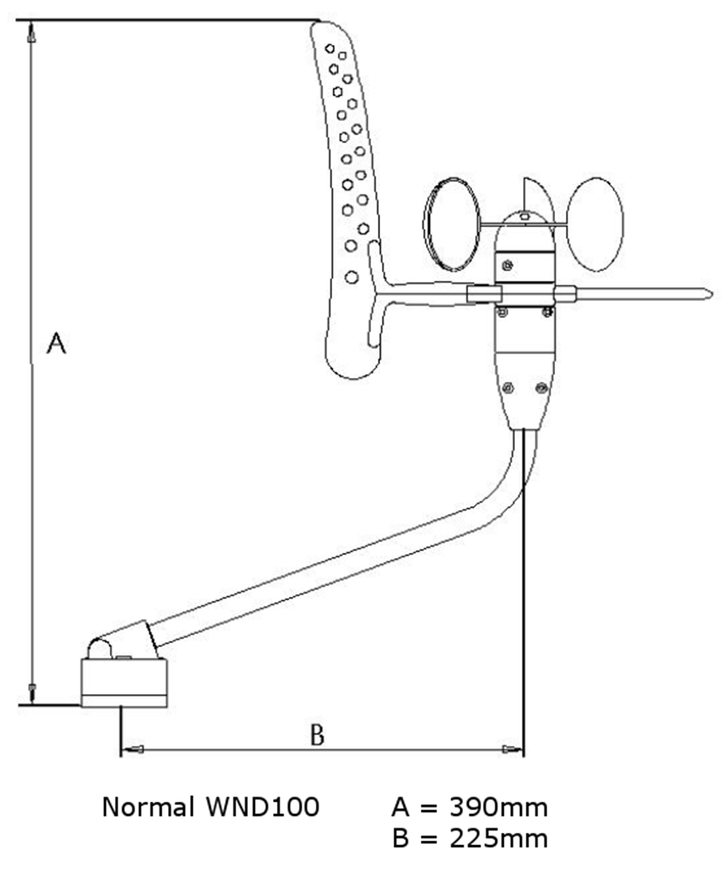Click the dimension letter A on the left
click(56, 343)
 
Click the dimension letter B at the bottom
click(316, 735)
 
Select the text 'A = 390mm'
click(470, 807)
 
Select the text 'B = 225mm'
click(470, 838)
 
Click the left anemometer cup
click(452, 225)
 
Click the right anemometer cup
click(595, 225)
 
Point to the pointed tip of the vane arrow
click(712, 292)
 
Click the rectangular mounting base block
click(124, 683)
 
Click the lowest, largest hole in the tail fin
click(351, 277)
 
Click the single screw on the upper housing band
click(507, 265)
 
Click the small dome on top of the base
click(100, 649)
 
